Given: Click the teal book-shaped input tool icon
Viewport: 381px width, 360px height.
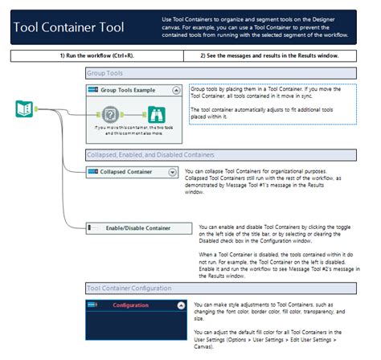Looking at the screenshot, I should coord(24,109).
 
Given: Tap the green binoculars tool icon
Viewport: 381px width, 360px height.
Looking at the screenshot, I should coord(157,113).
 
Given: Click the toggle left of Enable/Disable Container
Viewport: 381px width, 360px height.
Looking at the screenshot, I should coord(92,228).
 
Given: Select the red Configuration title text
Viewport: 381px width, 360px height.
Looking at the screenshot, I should coord(130,305).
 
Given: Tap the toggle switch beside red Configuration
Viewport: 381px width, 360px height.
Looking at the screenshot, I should coord(93,305).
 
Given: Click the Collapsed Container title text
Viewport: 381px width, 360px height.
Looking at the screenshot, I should coord(125,172).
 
